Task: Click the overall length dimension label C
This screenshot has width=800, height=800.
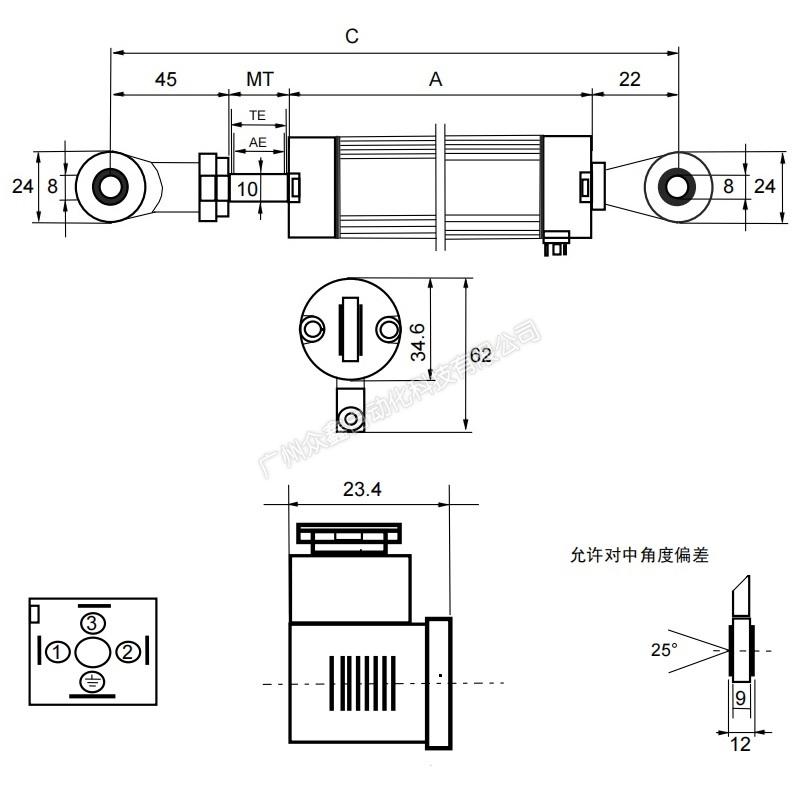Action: click(x=352, y=36)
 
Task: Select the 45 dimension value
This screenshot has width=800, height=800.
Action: click(x=166, y=79)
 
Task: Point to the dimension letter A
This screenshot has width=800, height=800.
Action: click(x=435, y=79)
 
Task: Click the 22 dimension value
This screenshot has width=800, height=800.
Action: click(x=630, y=79)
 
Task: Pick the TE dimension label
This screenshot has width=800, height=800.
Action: click(x=258, y=116)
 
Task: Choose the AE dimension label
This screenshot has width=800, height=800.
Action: click(x=258, y=142)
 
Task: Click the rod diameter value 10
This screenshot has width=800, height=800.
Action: click(x=248, y=188)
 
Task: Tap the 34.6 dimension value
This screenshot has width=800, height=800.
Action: click(x=419, y=342)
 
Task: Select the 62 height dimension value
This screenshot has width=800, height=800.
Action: click(x=480, y=355)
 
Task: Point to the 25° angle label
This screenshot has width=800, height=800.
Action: click(x=664, y=650)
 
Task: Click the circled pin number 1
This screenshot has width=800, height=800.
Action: click(x=58, y=652)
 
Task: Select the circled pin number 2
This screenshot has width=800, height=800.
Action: click(x=127, y=652)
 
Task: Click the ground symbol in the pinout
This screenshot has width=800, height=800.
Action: click(x=92, y=682)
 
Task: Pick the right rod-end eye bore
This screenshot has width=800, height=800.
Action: click(x=679, y=186)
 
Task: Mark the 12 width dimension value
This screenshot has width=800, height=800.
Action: click(x=740, y=744)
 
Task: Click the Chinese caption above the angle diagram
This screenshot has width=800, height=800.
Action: click(x=638, y=555)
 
